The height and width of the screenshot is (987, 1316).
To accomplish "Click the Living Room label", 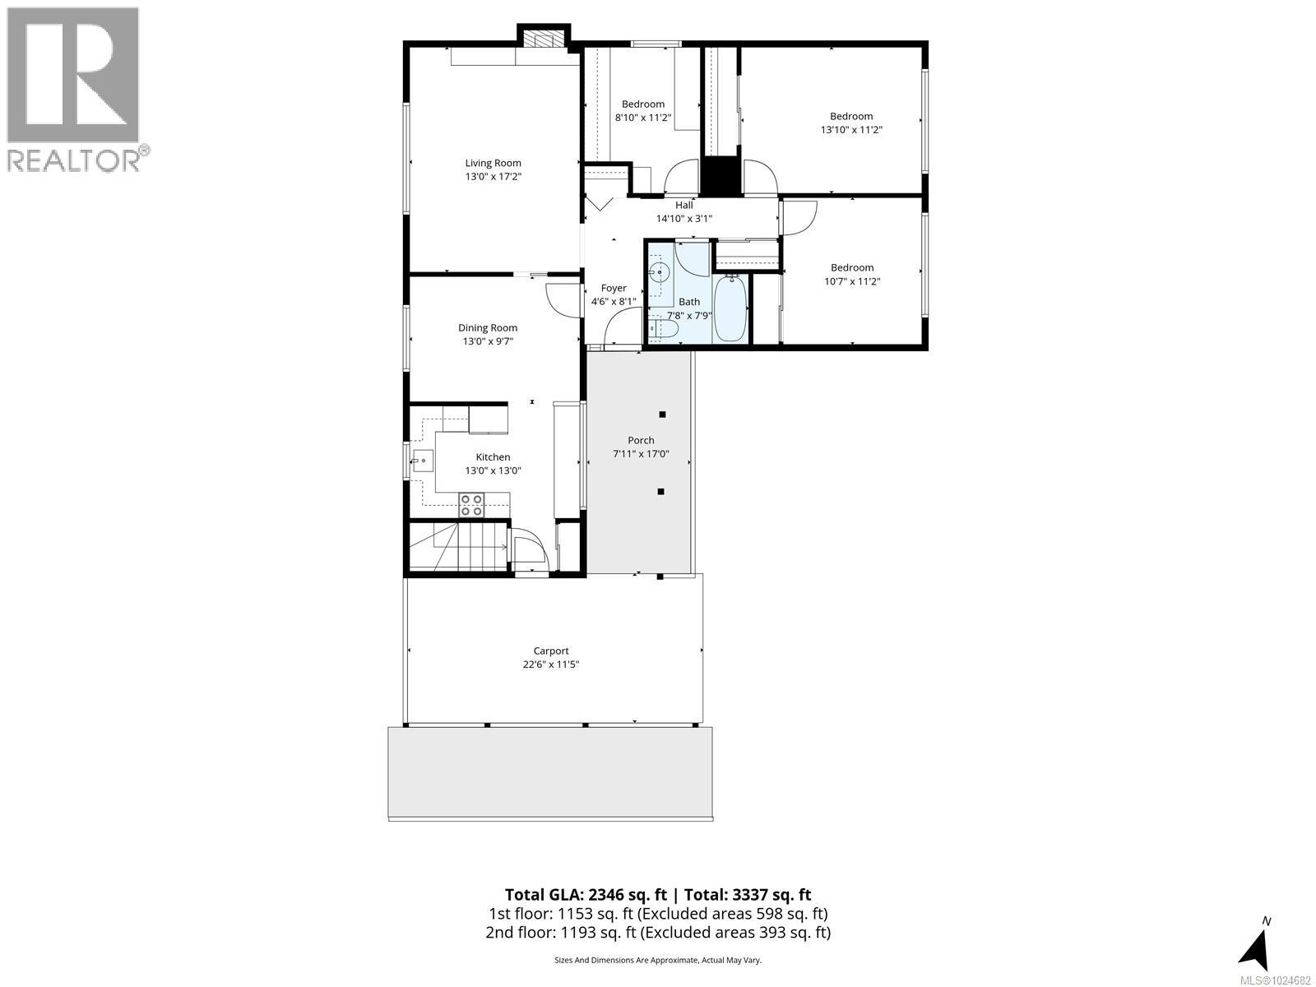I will pos(493,163).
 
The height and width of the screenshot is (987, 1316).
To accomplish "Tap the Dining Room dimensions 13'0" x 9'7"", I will pos(488,341).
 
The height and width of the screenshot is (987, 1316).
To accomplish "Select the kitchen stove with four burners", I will pos(471,504).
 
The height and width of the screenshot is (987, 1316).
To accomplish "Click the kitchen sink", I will pos(423,461).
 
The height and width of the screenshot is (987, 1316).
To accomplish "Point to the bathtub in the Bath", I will pos(730,308).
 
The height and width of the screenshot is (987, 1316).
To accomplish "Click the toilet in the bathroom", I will pos(663,330).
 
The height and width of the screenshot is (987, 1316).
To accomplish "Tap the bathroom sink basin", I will pos(658,271).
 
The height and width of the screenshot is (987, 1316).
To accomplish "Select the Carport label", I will pos(551,651).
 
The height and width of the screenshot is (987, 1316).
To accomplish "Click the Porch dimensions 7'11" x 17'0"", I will pos(641,454).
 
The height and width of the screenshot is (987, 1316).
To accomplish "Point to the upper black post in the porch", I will pos(662,415).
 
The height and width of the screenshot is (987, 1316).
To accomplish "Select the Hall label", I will pos(683,206).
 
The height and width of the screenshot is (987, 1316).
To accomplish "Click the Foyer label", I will pos(614,288).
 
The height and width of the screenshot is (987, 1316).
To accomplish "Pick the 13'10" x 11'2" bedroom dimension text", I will pos(851,130).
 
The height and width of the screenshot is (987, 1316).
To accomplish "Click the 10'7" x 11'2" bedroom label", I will pos(852,267).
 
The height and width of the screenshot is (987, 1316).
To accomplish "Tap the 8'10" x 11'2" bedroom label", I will pos(642,104).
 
